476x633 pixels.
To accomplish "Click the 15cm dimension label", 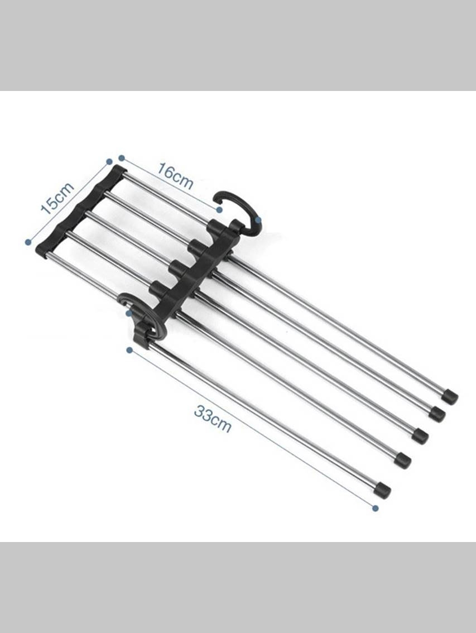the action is point(57,198).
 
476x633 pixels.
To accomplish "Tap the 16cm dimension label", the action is point(175,176).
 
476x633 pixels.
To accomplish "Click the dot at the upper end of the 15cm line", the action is point(109,161).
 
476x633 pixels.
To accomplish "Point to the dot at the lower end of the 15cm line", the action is point(28,242).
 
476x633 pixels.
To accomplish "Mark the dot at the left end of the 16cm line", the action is point(122,158).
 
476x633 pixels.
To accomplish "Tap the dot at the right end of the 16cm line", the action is point(219,209).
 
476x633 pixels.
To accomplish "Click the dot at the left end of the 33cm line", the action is point(129,350).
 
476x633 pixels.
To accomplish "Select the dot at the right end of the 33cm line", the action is point(376,508).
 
